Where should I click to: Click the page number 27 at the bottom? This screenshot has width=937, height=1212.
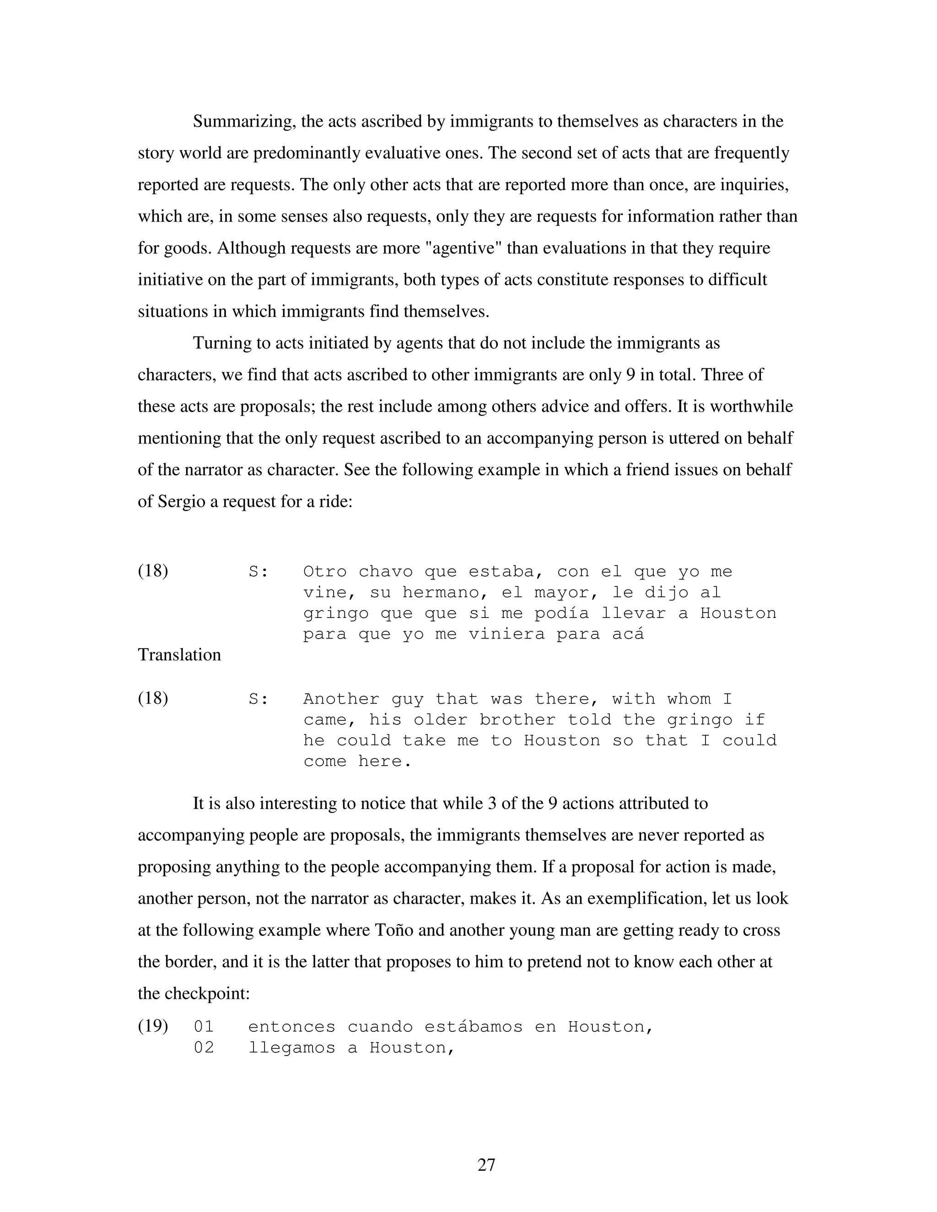click(486, 1164)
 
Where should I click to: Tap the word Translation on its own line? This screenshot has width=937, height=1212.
click(179, 655)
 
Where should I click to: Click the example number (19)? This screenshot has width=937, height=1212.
click(153, 1026)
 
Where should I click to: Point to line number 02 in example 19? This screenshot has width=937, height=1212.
click(203, 1048)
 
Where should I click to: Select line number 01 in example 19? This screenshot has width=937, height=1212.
click(203, 1027)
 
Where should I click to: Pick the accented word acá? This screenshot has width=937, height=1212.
click(628, 634)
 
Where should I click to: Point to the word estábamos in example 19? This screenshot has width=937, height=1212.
click(474, 1027)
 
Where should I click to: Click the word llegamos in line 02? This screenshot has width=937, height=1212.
click(291, 1048)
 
